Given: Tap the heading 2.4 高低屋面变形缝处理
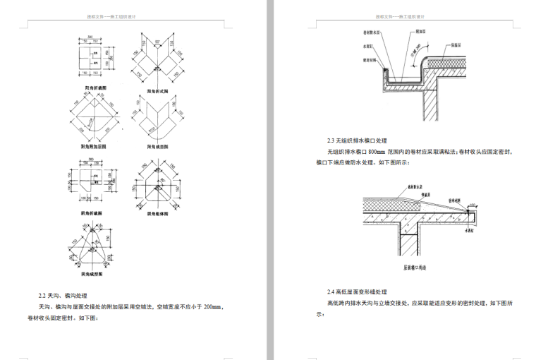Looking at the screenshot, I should pyautogui.click(x=357, y=292).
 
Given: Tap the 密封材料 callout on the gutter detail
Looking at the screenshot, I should pyautogui.click(x=360, y=60).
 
